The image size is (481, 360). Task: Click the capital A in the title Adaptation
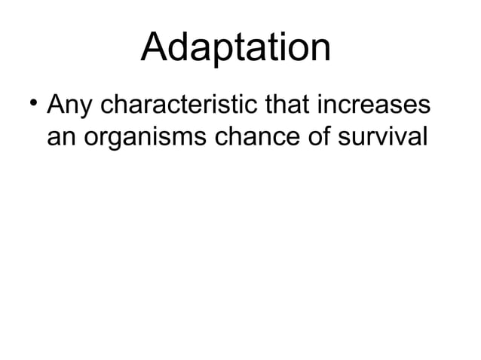coord(155,47)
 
